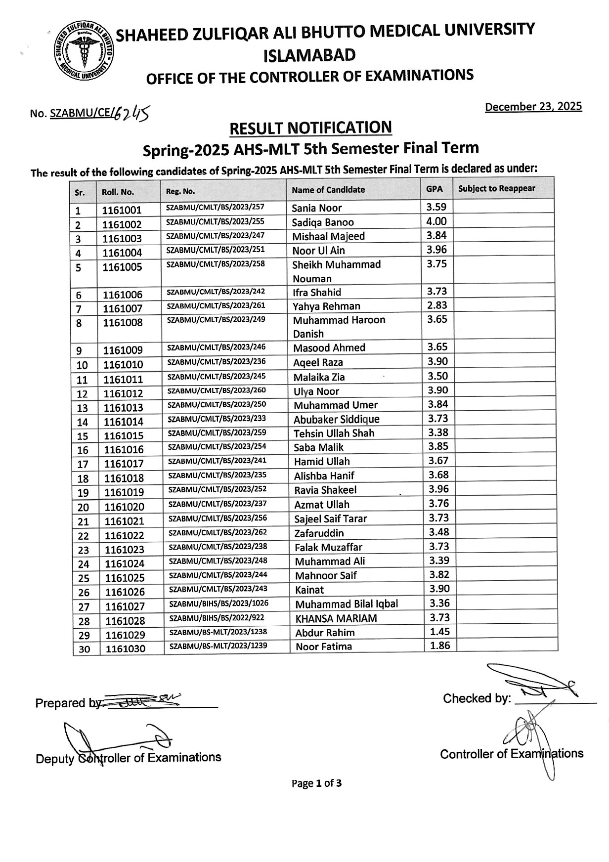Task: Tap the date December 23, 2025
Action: click(533, 107)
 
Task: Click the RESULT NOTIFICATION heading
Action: click(310, 128)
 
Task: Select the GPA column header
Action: click(434, 189)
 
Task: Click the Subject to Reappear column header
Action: click(496, 188)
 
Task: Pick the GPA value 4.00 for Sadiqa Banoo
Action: click(436, 221)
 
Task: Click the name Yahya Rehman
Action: click(326, 306)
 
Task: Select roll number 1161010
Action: click(123, 365)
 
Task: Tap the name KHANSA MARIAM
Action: click(336, 618)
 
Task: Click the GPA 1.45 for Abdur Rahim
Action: click(439, 631)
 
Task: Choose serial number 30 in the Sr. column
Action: click(85, 649)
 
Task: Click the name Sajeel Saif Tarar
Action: click(331, 518)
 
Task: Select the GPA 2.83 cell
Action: click(437, 305)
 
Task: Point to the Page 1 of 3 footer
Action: click(316, 783)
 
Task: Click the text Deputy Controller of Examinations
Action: click(128, 758)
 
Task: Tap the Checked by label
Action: click(477, 698)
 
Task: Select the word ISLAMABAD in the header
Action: click(310, 55)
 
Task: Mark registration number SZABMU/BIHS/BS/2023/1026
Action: click(219, 603)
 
